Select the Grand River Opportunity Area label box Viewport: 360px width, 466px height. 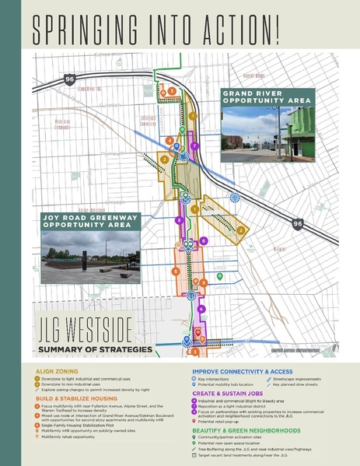click(x=267, y=97)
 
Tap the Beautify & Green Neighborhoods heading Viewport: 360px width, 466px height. click(x=246, y=429)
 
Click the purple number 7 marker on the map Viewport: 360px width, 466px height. click(x=194, y=145)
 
